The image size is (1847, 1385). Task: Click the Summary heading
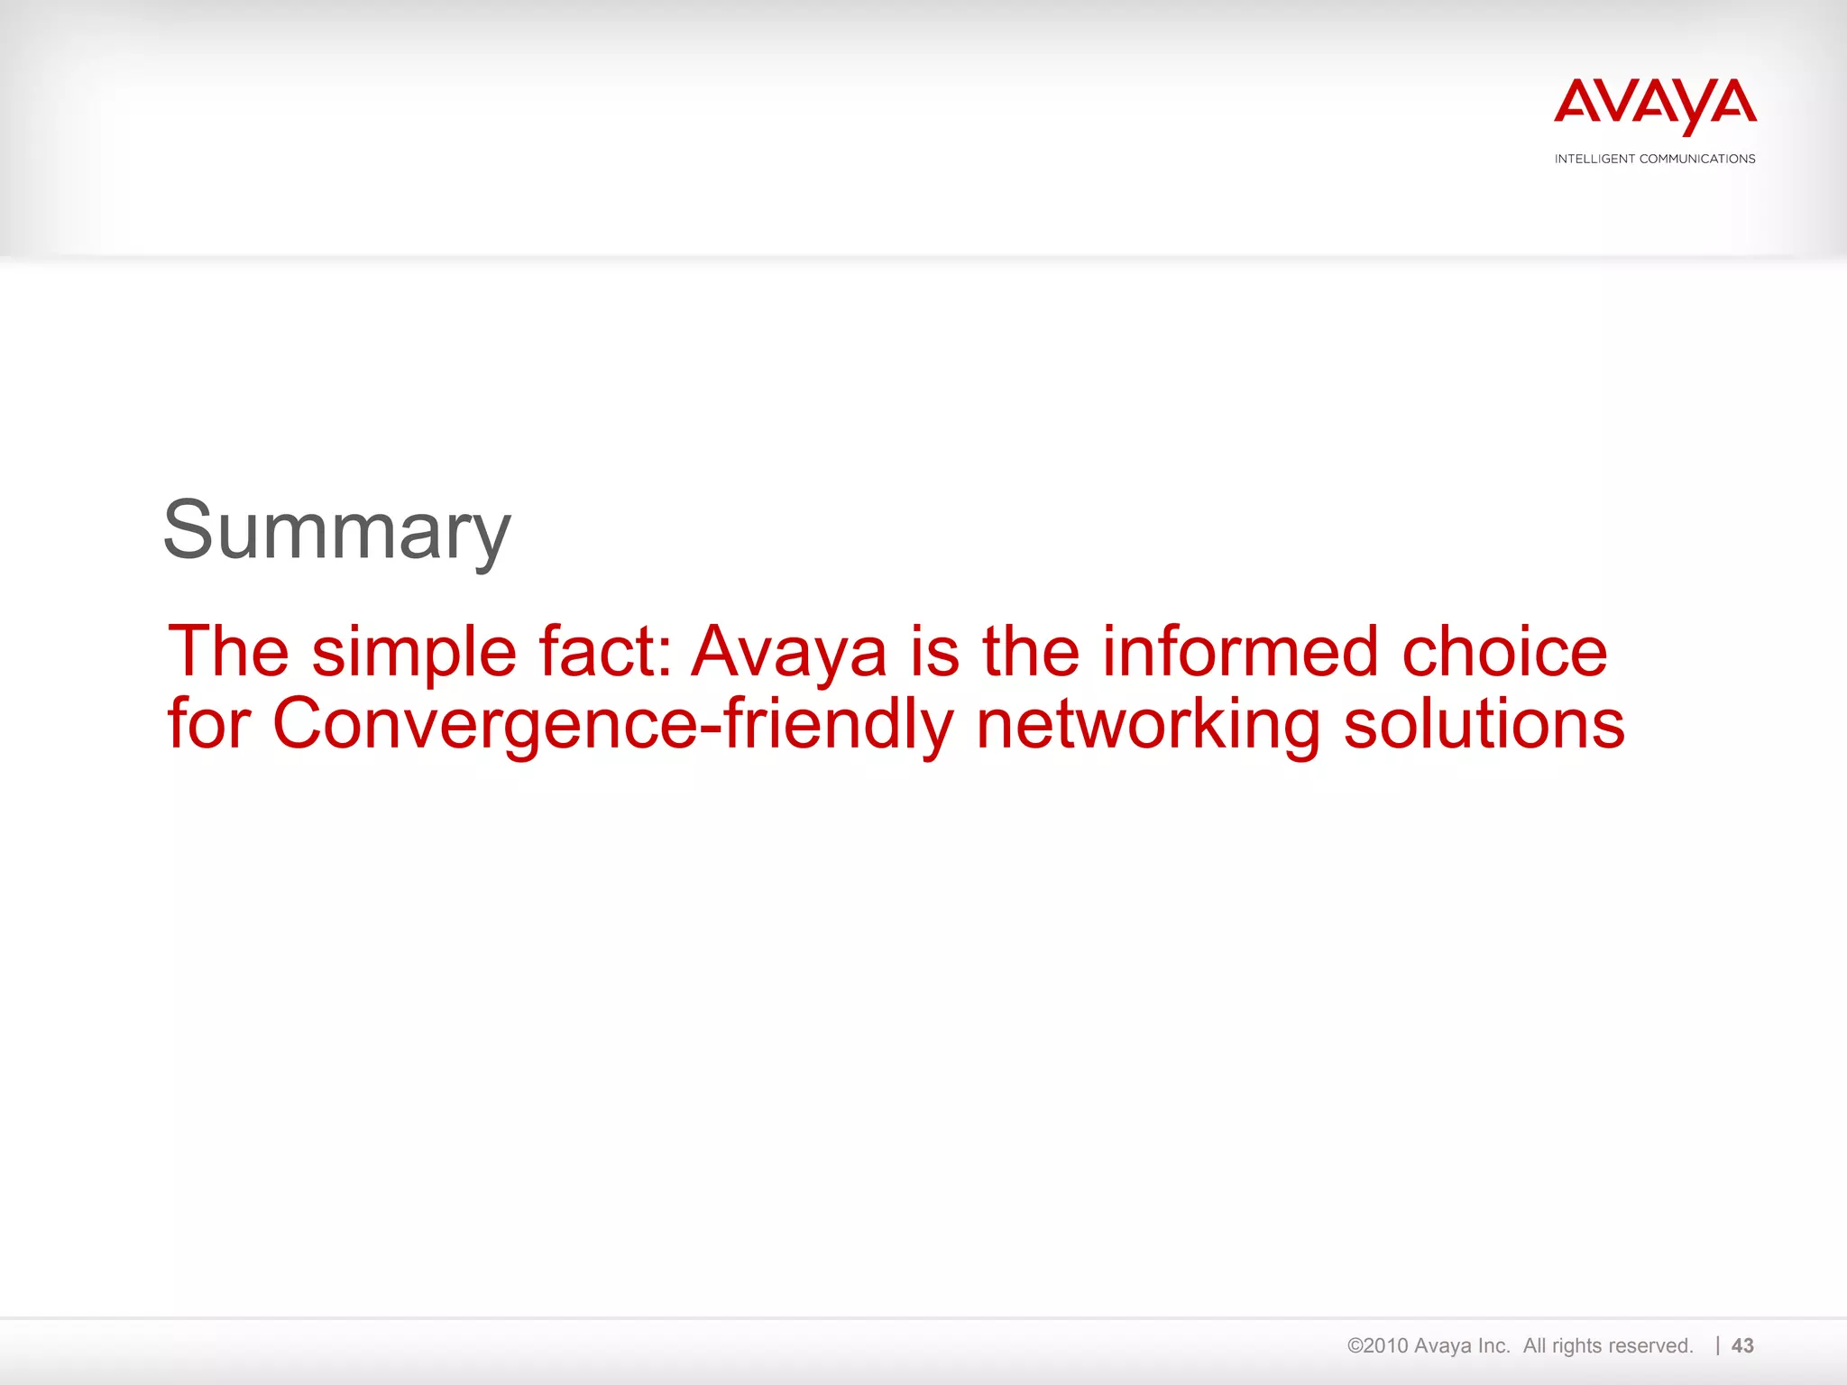pyautogui.click(x=336, y=532)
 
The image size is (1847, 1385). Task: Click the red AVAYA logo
pyautogui.click(x=1655, y=105)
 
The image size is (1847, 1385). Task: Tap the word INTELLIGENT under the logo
pyautogui.click(x=1594, y=159)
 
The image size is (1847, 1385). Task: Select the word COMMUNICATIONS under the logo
pyautogui.click(x=1697, y=159)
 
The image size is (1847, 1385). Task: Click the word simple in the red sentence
pyautogui.click(x=414, y=653)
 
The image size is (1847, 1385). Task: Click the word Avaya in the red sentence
pyautogui.click(x=789, y=653)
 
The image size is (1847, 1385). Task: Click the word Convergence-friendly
pyautogui.click(x=612, y=725)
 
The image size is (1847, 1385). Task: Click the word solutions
pyautogui.click(x=1484, y=725)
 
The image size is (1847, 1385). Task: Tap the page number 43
pyautogui.click(x=1742, y=1345)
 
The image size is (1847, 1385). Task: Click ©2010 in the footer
pyautogui.click(x=1377, y=1345)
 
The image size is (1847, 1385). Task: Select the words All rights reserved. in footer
pyautogui.click(x=1608, y=1345)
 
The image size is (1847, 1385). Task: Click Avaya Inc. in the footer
pyautogui.click(x=1462, y=1345)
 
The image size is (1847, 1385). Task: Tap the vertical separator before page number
pyautogui.click(x=1718, y=1345)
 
